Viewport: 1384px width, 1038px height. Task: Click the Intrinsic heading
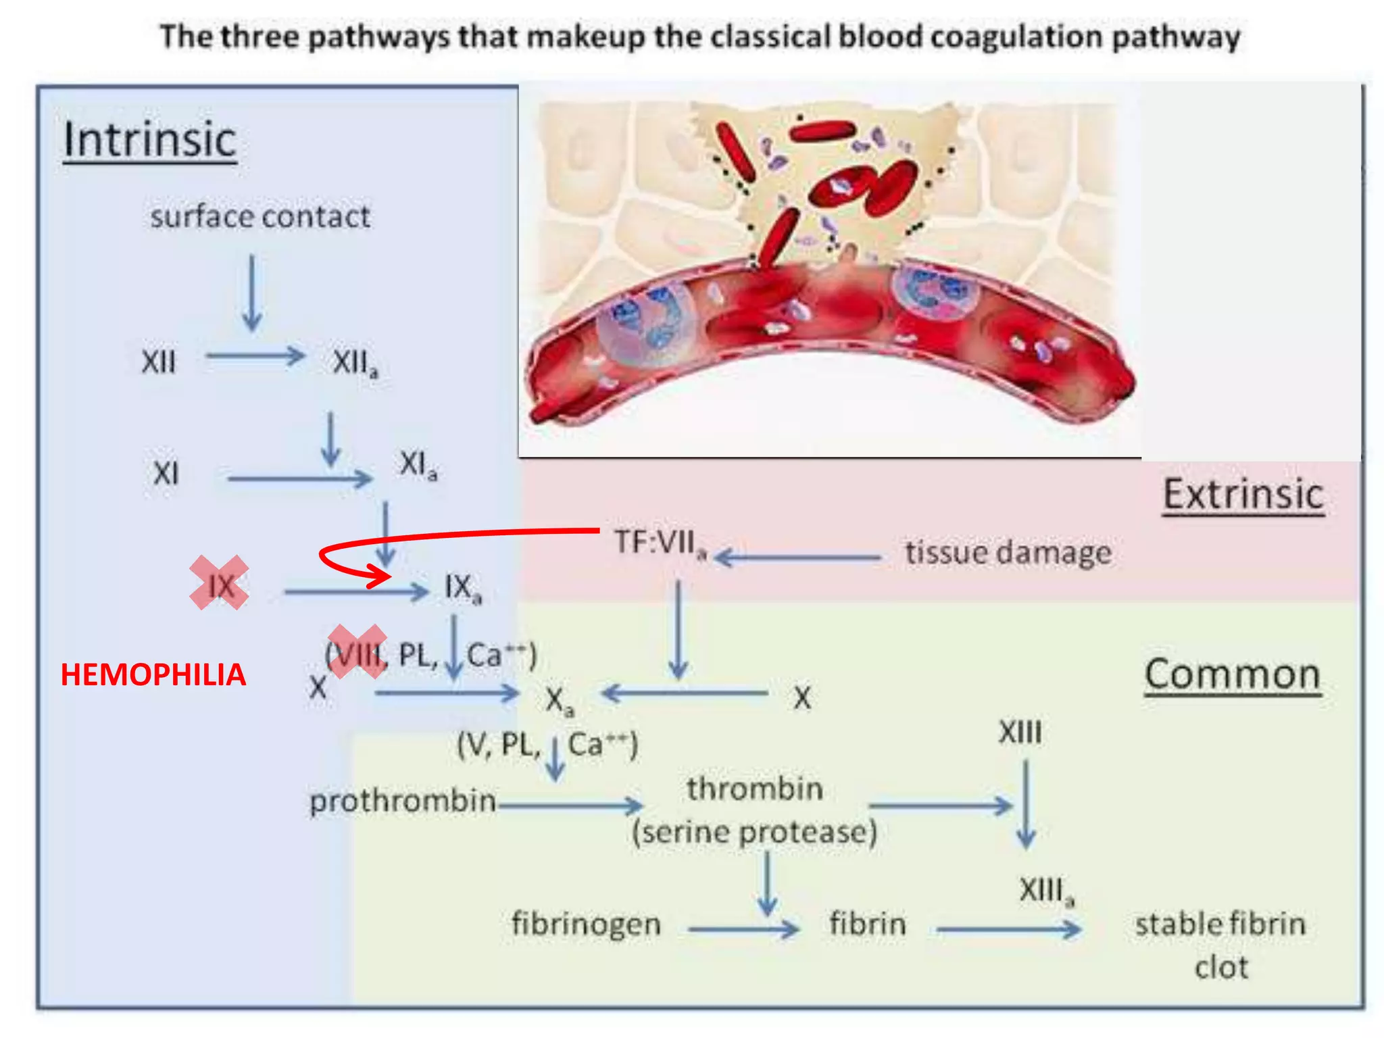tap(149, 140)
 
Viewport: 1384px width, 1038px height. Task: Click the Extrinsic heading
tap(1243, 495)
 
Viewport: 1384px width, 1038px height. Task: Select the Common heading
tap(1232, 674)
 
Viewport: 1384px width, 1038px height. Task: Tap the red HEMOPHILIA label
tap(153, 675)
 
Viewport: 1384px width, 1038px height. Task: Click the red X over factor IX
tap(219, 583)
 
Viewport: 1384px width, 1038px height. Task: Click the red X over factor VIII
tap(357, 651)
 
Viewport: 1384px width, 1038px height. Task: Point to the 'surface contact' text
tap(259, 217)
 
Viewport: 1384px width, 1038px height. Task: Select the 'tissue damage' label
tap(1008, 552)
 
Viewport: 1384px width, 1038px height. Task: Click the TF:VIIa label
tap(660, 543)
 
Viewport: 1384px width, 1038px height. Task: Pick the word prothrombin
tap(403, 801)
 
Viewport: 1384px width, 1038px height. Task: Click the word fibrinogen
tap(586, 924)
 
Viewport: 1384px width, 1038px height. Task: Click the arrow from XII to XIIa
tap(255, 355)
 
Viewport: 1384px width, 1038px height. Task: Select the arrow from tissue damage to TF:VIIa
tap(797, 558)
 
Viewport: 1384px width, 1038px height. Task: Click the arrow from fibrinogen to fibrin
tap(743, 930)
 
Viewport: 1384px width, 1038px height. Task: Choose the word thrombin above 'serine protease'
tap(755, 789)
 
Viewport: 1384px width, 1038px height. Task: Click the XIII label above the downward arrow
tap(1020, 733)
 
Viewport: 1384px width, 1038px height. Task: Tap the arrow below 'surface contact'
tap(252, 293)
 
